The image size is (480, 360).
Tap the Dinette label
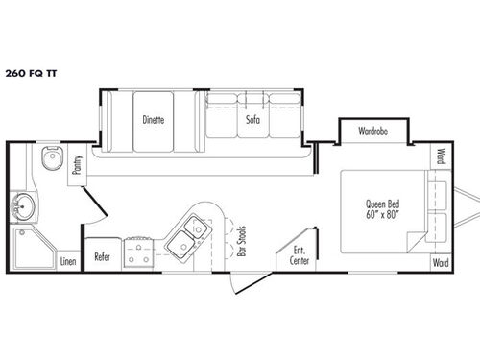[x=153, y=120]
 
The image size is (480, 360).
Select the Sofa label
[x=252, y=120]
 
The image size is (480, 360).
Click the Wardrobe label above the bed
[x=372, y=131]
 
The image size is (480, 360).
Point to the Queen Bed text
[x=381, y=203]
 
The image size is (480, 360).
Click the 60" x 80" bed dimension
[x=381, y=214]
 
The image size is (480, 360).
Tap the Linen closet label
[x=67, y=260]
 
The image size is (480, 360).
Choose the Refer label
[x=102, y=256]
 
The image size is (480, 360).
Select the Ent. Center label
[x=300, y=255]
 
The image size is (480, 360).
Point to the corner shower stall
[x=29, y=247]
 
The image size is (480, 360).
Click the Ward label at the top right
[x=440, y=155]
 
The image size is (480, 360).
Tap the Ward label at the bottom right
[x=440, y=262]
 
